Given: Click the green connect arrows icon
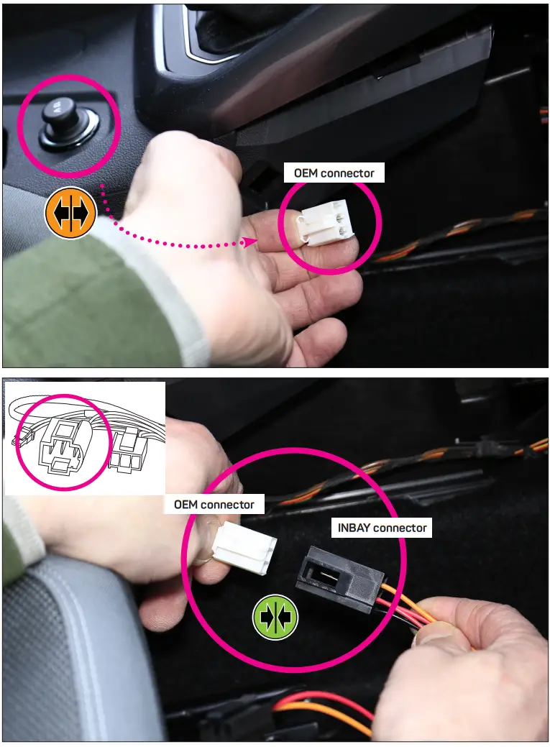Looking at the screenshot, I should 275,617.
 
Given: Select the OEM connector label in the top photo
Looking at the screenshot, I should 334,173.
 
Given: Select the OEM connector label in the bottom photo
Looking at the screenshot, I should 214,504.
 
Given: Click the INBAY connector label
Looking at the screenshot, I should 382,528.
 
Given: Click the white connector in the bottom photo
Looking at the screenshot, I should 244,548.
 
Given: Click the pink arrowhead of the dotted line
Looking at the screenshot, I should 249,242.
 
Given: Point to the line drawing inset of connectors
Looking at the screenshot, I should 85,438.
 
